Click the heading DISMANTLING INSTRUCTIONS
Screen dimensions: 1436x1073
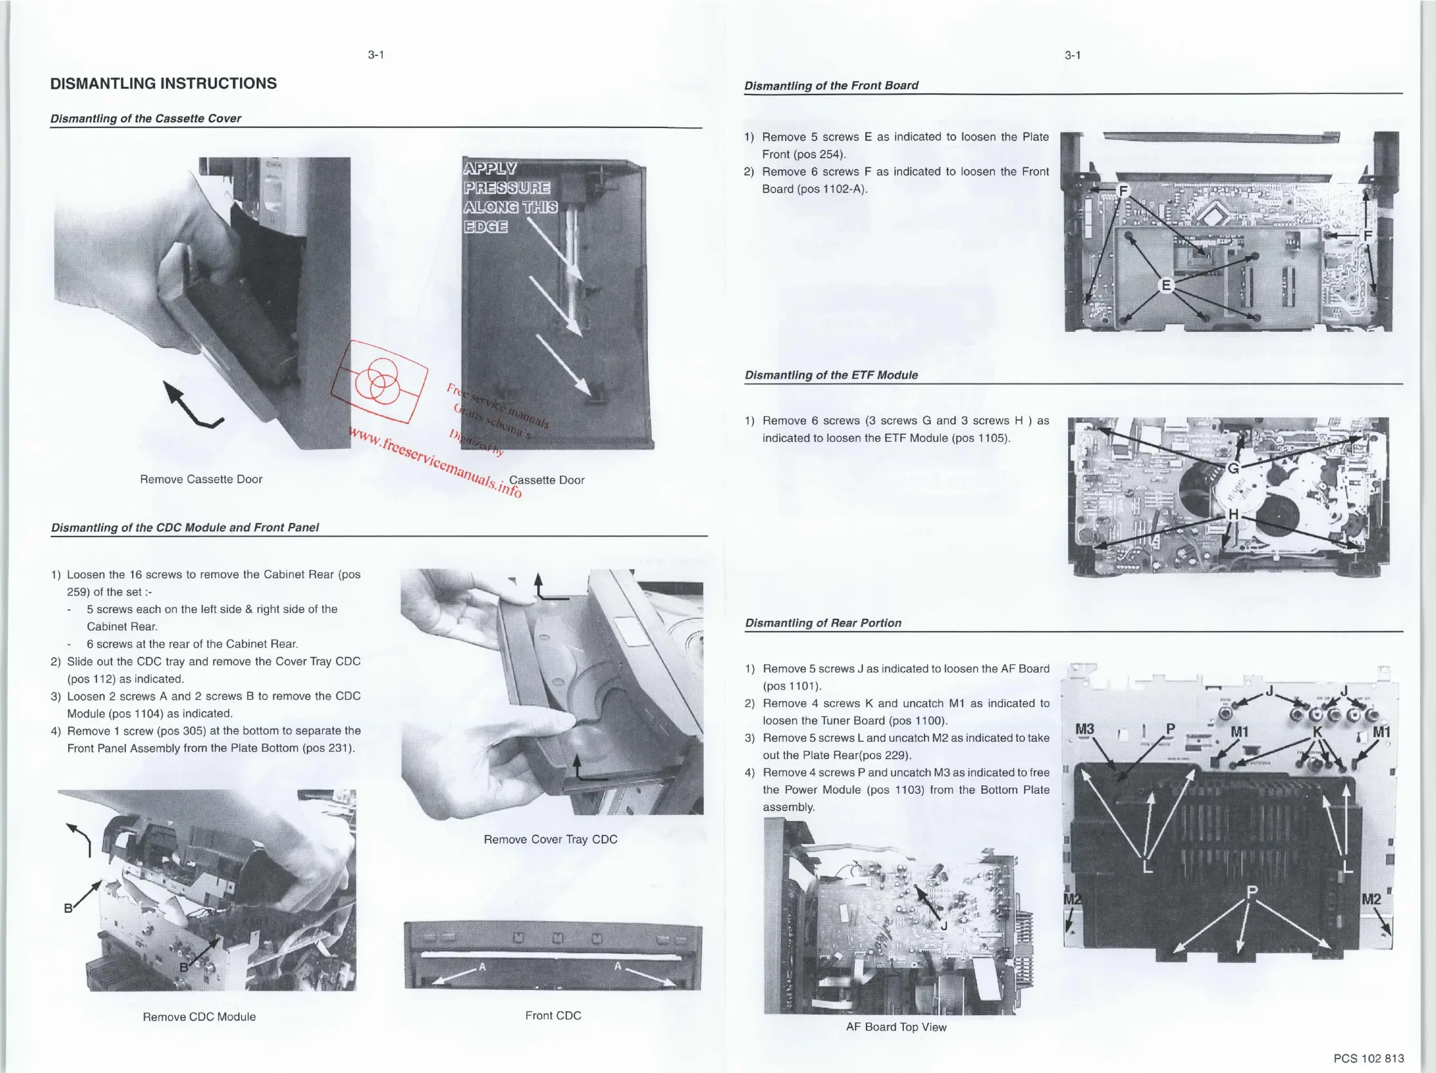click(x=163, y=84)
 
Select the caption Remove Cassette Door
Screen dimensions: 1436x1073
click(x=201, y=479)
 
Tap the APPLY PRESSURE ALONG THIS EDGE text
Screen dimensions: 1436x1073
click(x=510, y=197)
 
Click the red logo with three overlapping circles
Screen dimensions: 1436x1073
click(x=380, y=381)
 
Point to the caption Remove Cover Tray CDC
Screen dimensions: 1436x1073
click(x=551, y=839)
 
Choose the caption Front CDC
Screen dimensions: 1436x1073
click(x=553, y=1015)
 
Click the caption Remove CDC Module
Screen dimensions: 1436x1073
click(x=199, y=1016)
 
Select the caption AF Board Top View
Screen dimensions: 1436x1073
click(x=896, y=1027)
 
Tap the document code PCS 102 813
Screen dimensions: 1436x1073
click(x=1368, y=1058)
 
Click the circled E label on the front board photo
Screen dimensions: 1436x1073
click(x=1166, y=285)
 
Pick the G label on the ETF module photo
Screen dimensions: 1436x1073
click(x=1233, y=468)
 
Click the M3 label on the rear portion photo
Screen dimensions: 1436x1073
click(x=1085, y=729)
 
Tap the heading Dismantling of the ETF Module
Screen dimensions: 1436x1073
click(x=831, y=375)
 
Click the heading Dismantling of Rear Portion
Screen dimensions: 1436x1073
click(x=823, y=623)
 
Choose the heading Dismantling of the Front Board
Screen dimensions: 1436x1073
click(x=831, y=86)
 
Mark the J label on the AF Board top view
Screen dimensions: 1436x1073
click(x=944, y=926)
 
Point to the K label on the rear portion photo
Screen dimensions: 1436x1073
click(x=1317, y=731)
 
